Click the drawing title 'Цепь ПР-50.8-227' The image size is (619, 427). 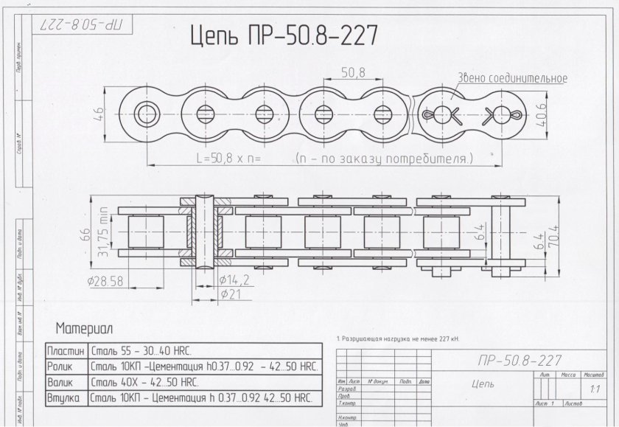tap(284, 35)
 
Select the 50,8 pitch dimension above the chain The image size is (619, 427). tap(354, 72)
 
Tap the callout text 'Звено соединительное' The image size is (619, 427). tap(512, 78)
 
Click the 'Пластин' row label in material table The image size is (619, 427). tap(66, 350)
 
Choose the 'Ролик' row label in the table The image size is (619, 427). tap(62, 366)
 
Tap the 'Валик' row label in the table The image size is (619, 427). tap(62, 383)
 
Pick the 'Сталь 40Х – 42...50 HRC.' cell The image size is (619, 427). tap(142, 383)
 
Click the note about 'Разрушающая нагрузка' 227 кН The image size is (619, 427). tap(397, 339)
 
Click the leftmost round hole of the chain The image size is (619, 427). tap(147, 114)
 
